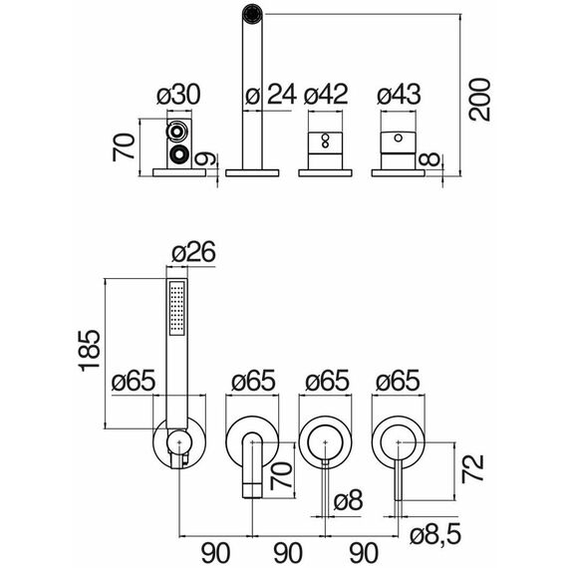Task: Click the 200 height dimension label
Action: [x=479, y=99]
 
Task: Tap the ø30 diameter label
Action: [x=178, y=95]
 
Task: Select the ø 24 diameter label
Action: [x=270, y=95]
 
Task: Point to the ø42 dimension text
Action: [x=326, y=95]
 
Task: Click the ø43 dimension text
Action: [x=399, y=95]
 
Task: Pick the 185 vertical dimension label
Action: [x=89, y=351]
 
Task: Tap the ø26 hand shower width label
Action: [x=193, y=251]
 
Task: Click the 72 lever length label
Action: [x=472, y=468]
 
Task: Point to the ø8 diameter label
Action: [x=348, y=500]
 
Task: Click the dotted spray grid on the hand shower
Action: [x=177, y=309]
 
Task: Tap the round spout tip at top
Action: [x=252, y=14]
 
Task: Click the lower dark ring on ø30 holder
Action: [x=178, y=154]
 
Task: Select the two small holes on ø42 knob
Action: [x=325, y=141]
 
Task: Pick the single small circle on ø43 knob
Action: [x=399, y=138]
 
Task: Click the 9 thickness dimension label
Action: [x=205, y=158]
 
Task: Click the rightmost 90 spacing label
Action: [x=364, y=553]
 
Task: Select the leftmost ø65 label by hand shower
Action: [x=134, y=381]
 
